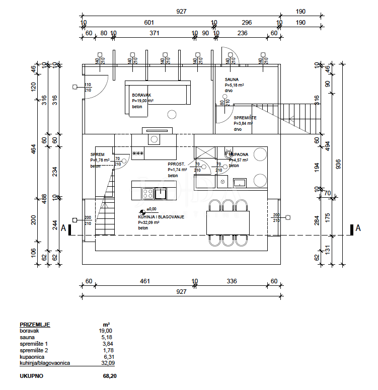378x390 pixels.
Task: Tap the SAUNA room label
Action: click(x=232, y=80)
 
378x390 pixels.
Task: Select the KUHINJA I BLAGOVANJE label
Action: click(x=161, y=216)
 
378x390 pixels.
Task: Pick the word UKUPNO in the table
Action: click(x=32, y=376)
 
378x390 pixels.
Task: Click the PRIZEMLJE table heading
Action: click(x=35, y=325)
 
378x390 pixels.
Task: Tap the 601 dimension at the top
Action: click(x=149, y=23)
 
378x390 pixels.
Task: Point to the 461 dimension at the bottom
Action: click(x=145, y=281)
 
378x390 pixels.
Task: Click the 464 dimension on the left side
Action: click(x=34, y=149)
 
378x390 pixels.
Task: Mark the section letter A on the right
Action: click(x=358, y=228)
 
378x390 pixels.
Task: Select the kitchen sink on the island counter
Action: click(x=161, y=192)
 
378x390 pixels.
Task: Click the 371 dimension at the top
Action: click(x=155, y=33)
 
